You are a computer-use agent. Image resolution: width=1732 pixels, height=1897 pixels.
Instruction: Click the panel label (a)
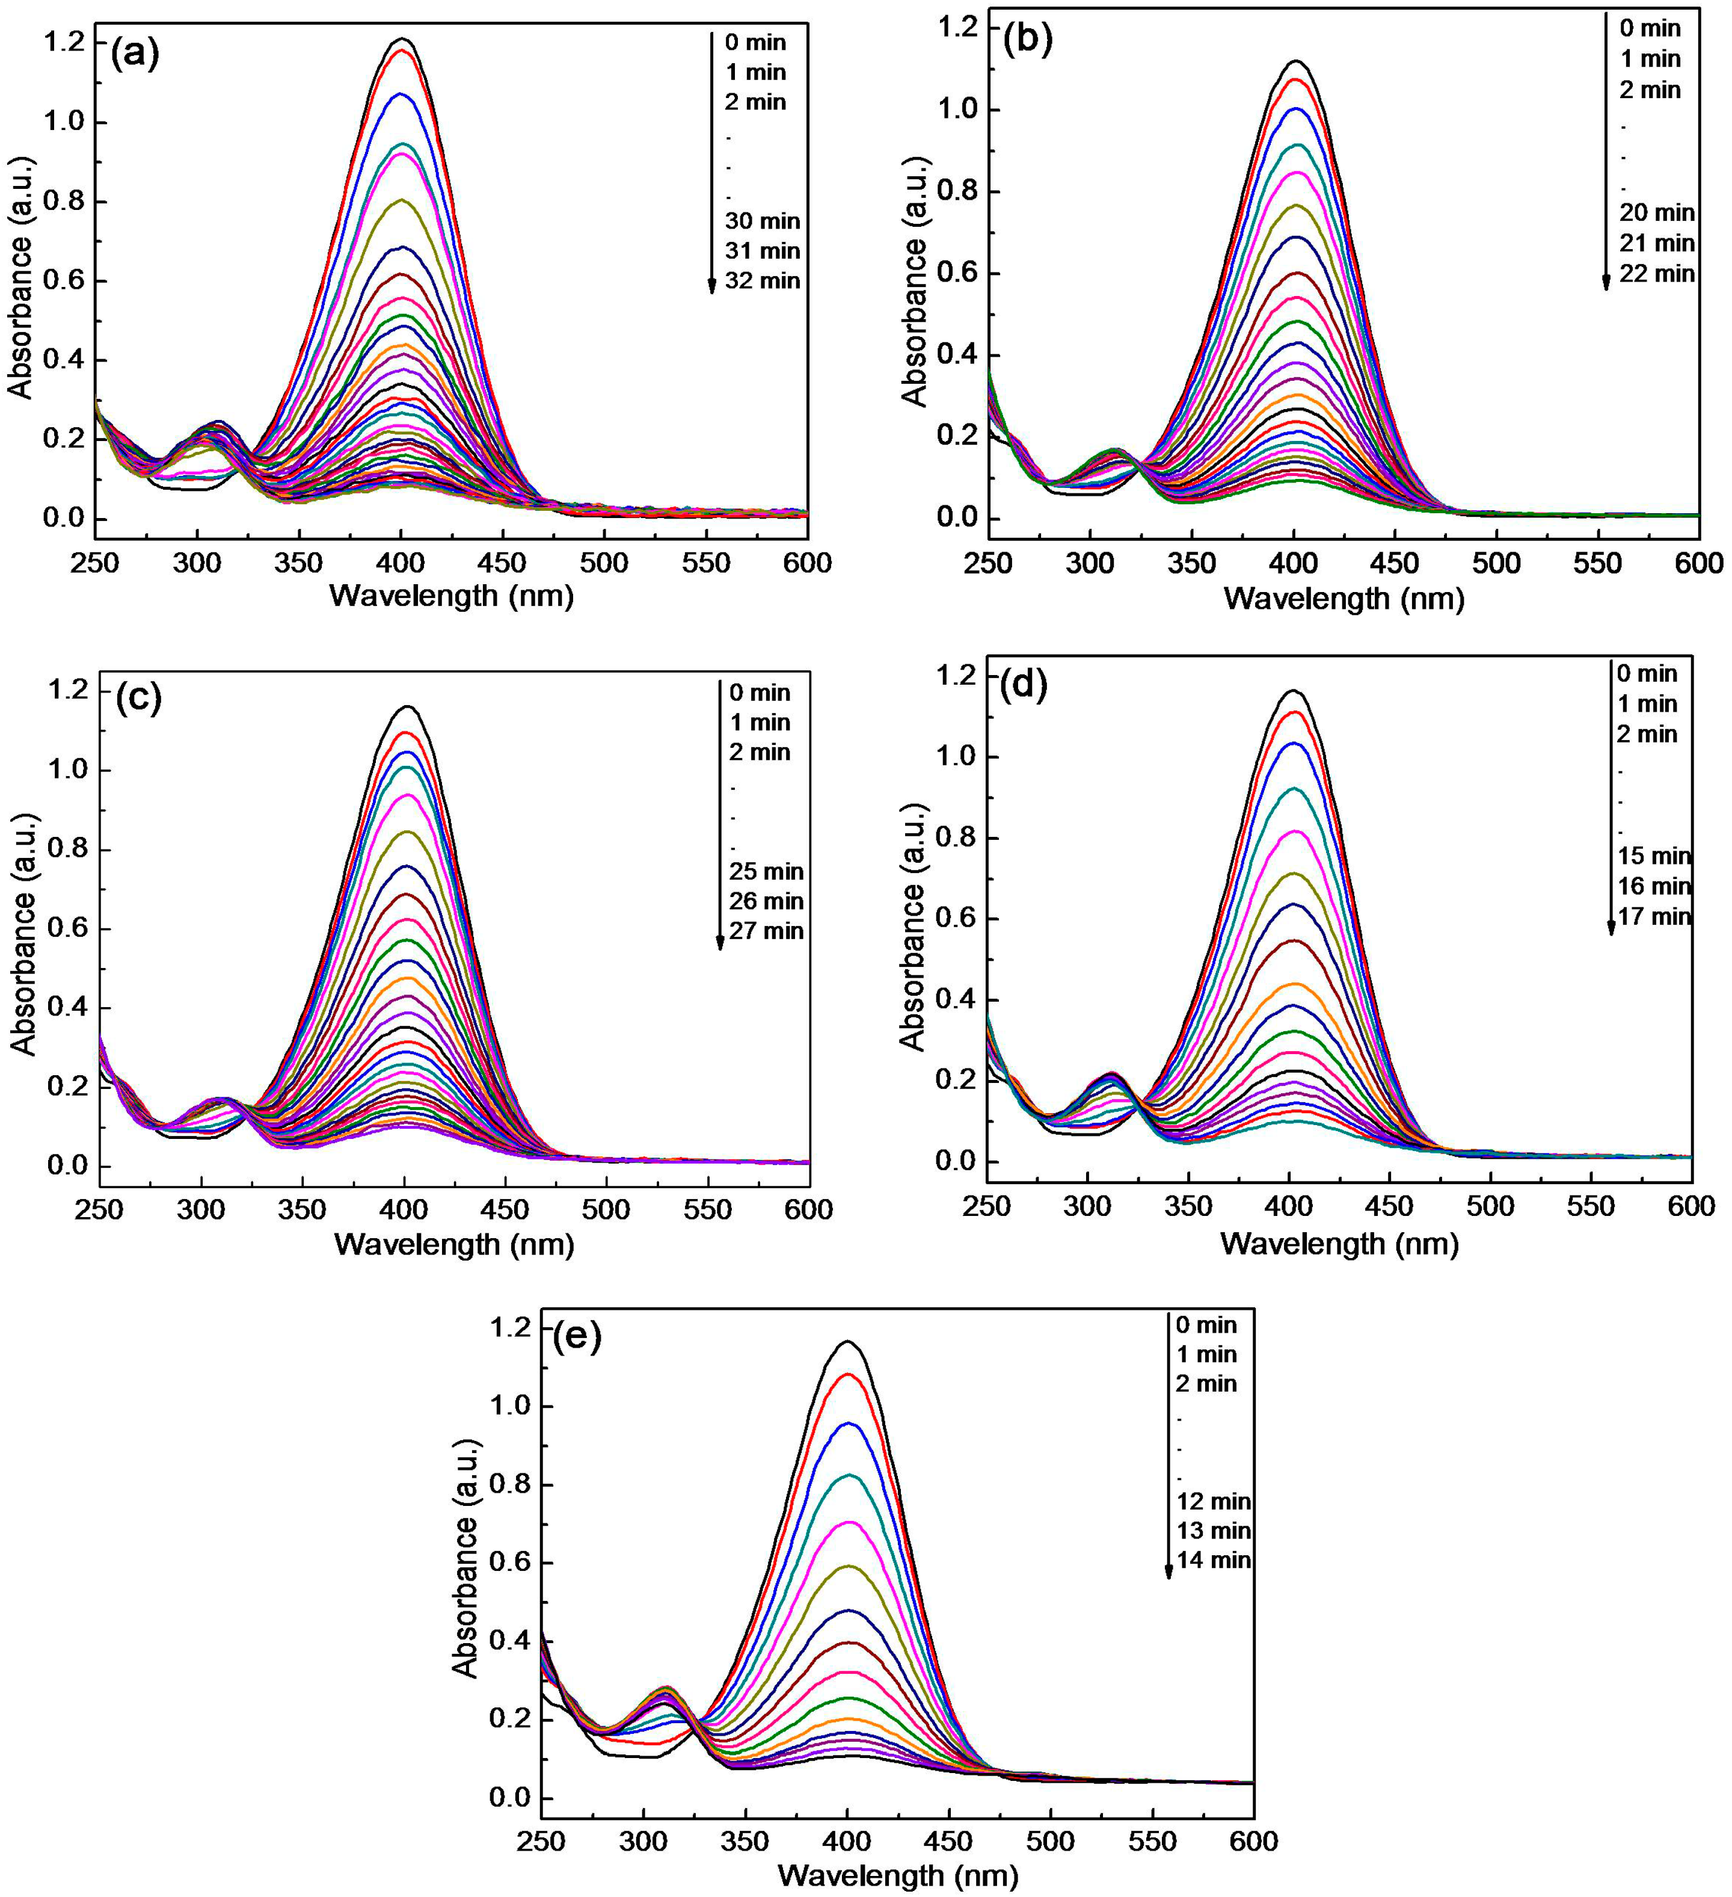[135, 54]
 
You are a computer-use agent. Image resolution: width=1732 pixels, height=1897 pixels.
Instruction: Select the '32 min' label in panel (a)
[762, 280]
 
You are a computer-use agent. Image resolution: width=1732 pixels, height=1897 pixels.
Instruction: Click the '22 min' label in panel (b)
[1657, 274]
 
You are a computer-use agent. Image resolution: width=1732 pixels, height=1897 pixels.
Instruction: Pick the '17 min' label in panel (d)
[1654, 916]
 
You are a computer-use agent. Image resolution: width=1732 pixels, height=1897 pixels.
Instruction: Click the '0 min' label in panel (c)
[759, 692]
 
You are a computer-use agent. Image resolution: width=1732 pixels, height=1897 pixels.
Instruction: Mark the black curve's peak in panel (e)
[847, 1341]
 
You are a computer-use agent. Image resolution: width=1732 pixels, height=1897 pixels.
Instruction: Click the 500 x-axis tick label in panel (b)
[1496, 564]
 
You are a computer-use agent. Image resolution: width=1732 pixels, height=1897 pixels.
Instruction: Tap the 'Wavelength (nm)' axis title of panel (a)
[452, 596]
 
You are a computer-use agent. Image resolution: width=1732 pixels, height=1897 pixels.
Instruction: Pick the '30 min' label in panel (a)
[762, 221]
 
